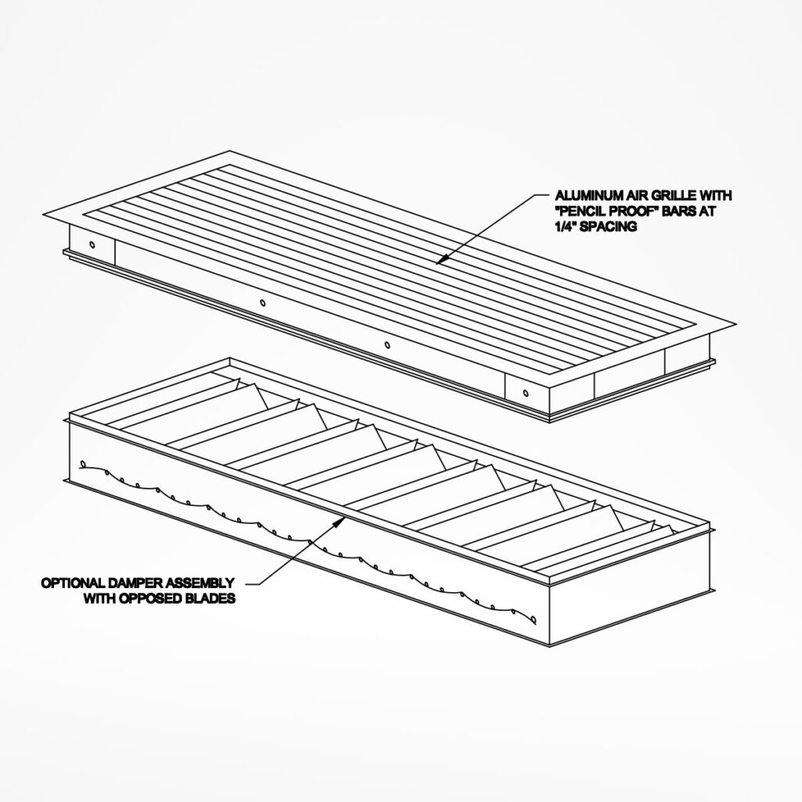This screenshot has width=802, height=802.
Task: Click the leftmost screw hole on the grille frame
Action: [x=92, y=244]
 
